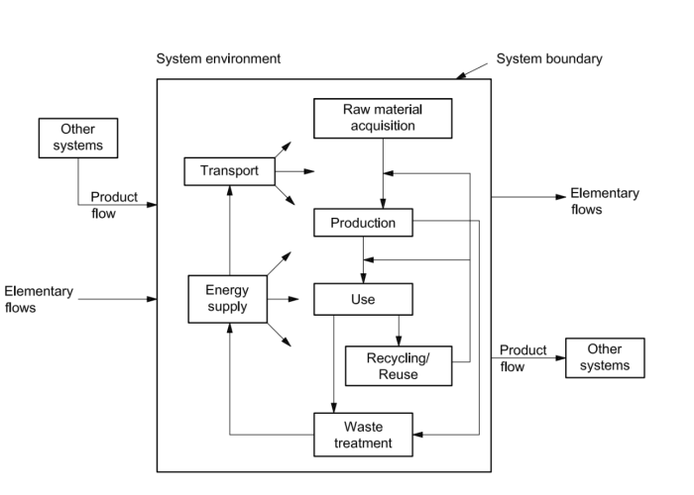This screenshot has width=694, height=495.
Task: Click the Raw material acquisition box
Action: click(382, 118)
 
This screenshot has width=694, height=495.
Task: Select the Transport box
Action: click(229, 171)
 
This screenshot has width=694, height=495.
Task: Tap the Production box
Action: click(362, 223)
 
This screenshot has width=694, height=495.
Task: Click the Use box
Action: click(363, 299)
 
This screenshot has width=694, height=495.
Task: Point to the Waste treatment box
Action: click(363, 433)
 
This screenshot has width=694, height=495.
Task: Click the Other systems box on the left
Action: click(77, 139)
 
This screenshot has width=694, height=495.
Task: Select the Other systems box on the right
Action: click(604, 357)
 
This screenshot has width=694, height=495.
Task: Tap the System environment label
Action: click(218, 59)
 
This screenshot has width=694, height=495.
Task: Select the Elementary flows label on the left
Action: click(39, 299)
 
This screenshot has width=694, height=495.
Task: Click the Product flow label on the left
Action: click(114, 205)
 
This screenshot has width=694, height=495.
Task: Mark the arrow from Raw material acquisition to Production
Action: click(383, 173)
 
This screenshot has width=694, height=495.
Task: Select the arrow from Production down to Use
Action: click(362, 259)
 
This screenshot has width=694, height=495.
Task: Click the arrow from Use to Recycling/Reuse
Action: click(398, 330)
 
